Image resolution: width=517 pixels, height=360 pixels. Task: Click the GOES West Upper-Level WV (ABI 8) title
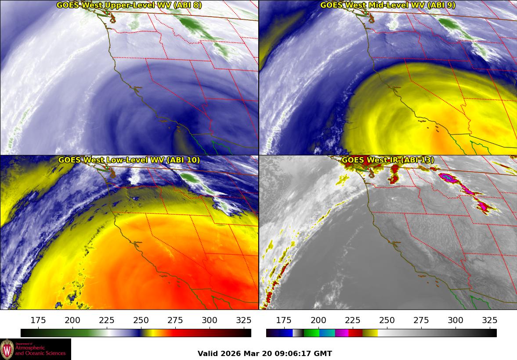[x=129, y=5]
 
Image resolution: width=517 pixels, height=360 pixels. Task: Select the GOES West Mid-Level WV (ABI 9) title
[x=388, y=5]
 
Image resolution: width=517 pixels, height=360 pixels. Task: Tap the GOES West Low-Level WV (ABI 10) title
[x=129, y=160]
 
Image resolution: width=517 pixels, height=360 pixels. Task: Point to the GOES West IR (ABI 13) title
[x=388, y=160]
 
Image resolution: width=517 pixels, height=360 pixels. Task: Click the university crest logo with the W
[x=7, y=349]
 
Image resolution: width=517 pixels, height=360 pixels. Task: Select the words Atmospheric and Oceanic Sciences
[x=40, y=350]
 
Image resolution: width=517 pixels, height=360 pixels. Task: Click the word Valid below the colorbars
[x=207, y=353]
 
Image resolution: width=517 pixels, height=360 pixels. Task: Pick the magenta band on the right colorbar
[x=342, y=333]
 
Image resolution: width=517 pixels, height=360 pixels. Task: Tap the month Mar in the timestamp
[x=250, y=353]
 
